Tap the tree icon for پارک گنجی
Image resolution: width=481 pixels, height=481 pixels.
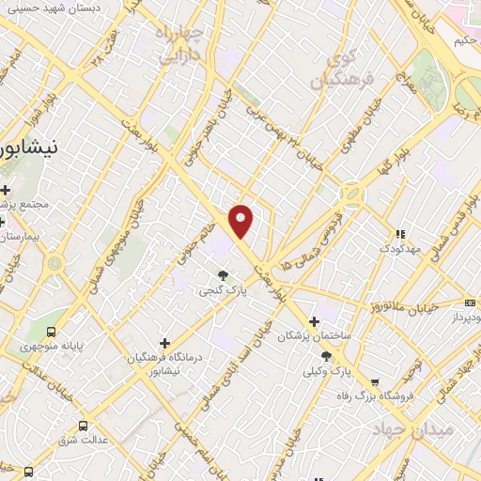(x=223, y=275)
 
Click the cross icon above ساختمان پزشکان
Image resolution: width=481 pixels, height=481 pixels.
(x=315, y=321)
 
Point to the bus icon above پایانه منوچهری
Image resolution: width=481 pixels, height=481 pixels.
(x=51, y=331)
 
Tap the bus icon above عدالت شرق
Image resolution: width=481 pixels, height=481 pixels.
(x=83, y=426)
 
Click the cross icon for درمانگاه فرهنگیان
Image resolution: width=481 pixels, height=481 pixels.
(x=165, y=343)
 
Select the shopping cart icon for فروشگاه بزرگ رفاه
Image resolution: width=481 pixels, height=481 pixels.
(x=375, y=381)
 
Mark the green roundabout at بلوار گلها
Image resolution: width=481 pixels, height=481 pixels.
(x=353, y=196)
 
